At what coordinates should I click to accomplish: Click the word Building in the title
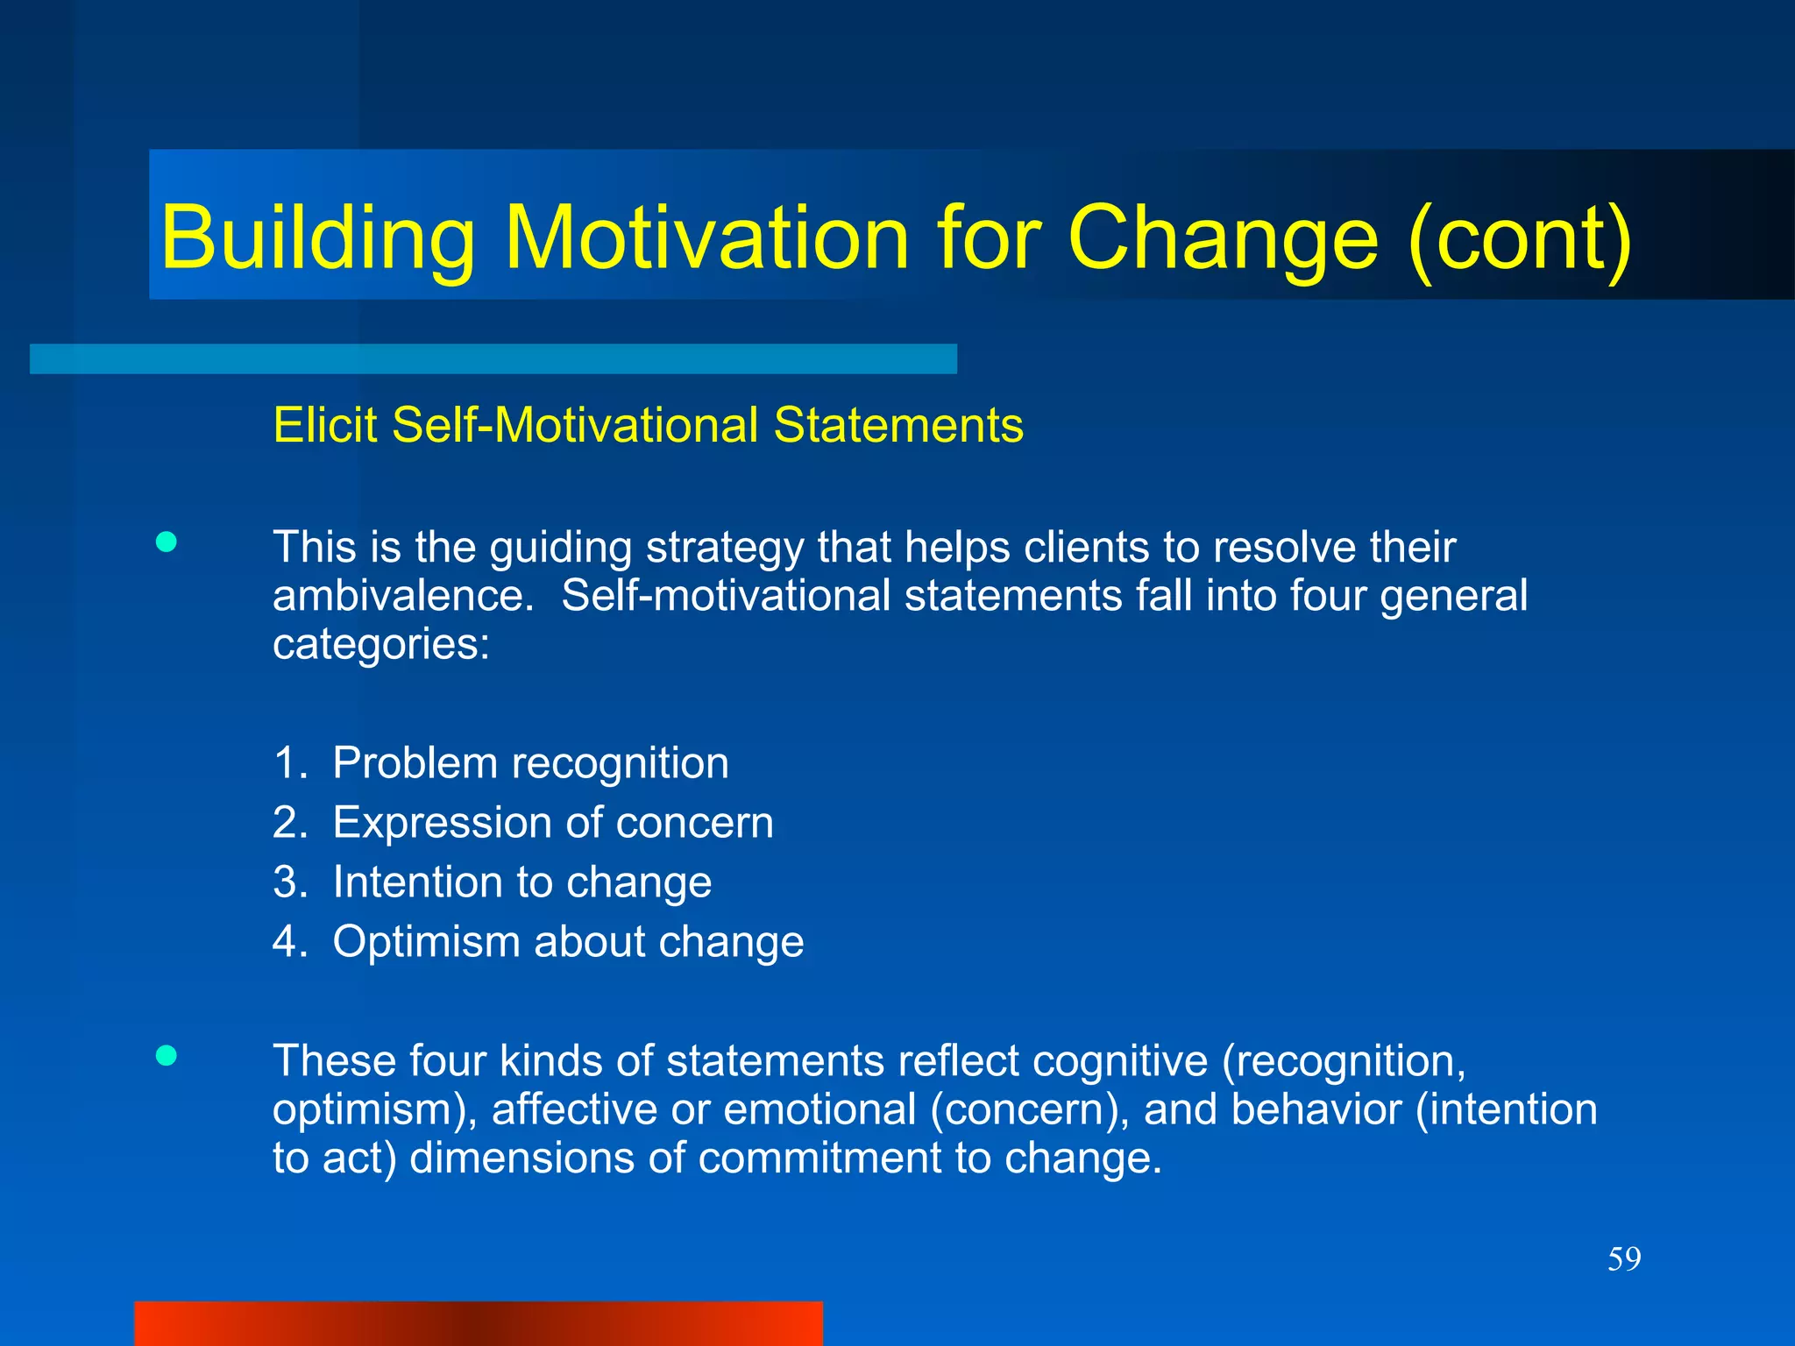click(x=317, y=238)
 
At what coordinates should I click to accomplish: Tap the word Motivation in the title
click(x=707, y=238)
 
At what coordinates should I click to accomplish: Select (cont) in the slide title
click(x=1521, y=238)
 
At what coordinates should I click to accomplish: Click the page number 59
click(x=1623, y=1259)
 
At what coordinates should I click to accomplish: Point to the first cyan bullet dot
click(x=166, y=542)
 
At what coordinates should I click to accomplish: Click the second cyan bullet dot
click(x=166, y=1055)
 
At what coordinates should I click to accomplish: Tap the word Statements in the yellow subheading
click(x=898, y=425)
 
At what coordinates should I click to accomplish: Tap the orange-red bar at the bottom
click(x=478, y=1323)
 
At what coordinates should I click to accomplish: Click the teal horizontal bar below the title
click(x=493, y=359)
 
